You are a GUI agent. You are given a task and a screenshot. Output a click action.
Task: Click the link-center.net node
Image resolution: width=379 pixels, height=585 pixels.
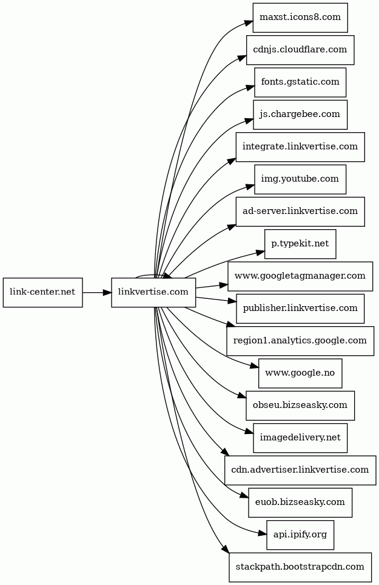pyautogui.click(x=43, y=292)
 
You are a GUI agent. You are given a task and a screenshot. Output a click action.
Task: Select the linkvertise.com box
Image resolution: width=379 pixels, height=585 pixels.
pyautogui.click(x=153, y=292)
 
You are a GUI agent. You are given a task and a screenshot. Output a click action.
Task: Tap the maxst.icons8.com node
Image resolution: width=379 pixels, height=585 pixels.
pyautogui.click(x=300, y=18)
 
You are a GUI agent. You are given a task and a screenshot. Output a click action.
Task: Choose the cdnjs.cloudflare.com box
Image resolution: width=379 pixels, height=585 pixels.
pyautogui.click(x=300, y=50)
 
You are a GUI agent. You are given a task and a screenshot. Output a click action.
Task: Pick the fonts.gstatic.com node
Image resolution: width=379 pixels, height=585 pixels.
pyautogui.click(x=300, y=82)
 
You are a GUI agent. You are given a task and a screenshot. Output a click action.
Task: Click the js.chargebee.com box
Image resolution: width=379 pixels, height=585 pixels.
pyautogui.click(x=300, y=115)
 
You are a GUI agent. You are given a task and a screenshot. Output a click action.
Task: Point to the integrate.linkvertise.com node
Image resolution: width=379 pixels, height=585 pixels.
pyautogui.click(x=300, y=147)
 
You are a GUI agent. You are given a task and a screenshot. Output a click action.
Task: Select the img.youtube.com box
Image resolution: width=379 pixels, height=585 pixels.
pyautogui.click(x=300, y=179)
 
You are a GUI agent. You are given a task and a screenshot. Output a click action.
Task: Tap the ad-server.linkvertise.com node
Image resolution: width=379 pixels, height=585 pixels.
pyautogui.click(x=300, y=212)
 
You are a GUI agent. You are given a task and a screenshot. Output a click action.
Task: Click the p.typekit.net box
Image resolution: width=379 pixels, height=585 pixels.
pyautogui.click(x=300, y=244)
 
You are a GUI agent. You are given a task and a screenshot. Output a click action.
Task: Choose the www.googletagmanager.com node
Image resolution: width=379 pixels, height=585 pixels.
pyautogui.click(x=300, y=276)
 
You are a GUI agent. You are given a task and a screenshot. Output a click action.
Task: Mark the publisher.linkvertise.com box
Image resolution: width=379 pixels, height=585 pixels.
pyautogui.click(x=300, y=309)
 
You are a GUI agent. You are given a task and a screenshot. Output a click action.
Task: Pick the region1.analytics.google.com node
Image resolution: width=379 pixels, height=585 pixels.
pyautogui.click(x=300, y=341)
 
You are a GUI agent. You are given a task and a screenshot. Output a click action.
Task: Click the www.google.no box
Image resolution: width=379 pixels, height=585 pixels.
pyautogui.click(x=300, y=373)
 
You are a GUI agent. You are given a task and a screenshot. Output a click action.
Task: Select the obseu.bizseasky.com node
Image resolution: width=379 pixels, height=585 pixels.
pyautogui.click(x=300, y=406)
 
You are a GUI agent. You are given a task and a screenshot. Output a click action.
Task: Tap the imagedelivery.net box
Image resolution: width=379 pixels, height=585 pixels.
pyautogui.click(x=300, y=438)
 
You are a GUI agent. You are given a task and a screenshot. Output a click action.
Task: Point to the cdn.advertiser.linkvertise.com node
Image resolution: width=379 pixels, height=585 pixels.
pyautogui.click(x=300, y=470)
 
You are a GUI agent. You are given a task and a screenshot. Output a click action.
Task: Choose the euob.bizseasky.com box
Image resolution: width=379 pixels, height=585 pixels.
pyautogui.click(x=300, y=503)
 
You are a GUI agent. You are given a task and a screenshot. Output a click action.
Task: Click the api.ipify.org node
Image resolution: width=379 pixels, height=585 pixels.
pyautogui.click(x=300, y=535)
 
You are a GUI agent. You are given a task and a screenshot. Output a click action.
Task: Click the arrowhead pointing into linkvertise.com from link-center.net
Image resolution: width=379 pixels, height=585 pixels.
pyautogui.click(x=107, y=292)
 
